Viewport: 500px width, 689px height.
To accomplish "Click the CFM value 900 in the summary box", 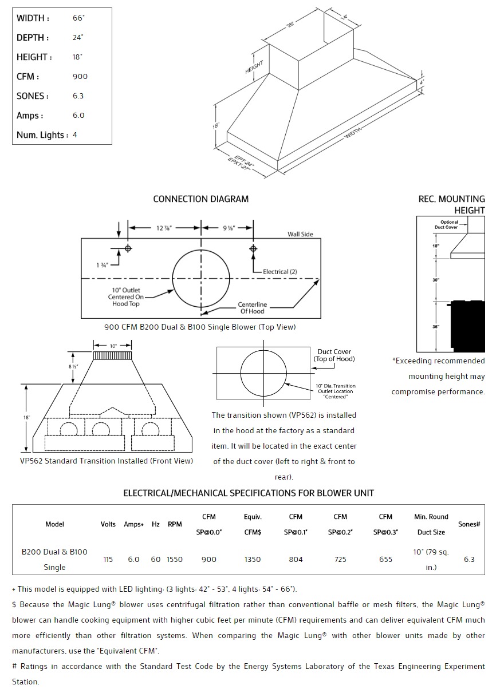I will click(80, 77).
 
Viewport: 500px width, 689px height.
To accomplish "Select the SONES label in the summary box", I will click(33, 96).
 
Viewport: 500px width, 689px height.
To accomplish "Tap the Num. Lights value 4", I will click(75, 135).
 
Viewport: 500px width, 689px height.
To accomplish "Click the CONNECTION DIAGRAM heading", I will click(200, 199).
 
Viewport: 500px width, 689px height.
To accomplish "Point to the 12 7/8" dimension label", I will click(164, 228).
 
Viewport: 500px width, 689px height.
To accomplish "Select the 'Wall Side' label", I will click(300, 235).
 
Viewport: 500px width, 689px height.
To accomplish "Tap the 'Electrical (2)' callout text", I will click(280, 272).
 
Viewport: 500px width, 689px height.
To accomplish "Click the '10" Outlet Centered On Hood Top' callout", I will click(125, 297).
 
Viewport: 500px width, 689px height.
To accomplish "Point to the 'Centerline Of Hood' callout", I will click(253, 308).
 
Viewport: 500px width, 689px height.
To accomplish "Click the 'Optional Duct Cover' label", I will click(449, 225).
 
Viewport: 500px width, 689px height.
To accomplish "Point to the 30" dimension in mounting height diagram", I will click(436, 280).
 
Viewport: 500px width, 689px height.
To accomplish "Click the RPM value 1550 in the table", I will click(175, 559).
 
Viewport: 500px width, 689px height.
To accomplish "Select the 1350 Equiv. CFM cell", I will click(253, 559).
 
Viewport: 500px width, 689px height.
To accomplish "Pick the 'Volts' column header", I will click(108, 524).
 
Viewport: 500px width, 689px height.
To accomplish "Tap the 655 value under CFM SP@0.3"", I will click(385, 559).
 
